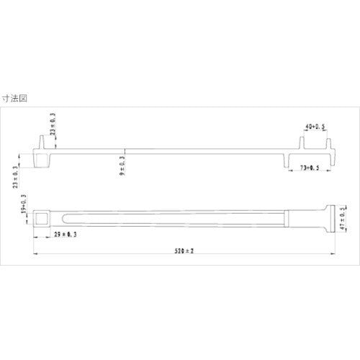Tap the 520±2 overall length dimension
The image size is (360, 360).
tap(186, 250)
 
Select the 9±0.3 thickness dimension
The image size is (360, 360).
tap(122, 164)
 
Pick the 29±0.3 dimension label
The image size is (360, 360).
tap(66, 234)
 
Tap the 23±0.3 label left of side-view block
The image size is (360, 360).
tap(17, 176)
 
